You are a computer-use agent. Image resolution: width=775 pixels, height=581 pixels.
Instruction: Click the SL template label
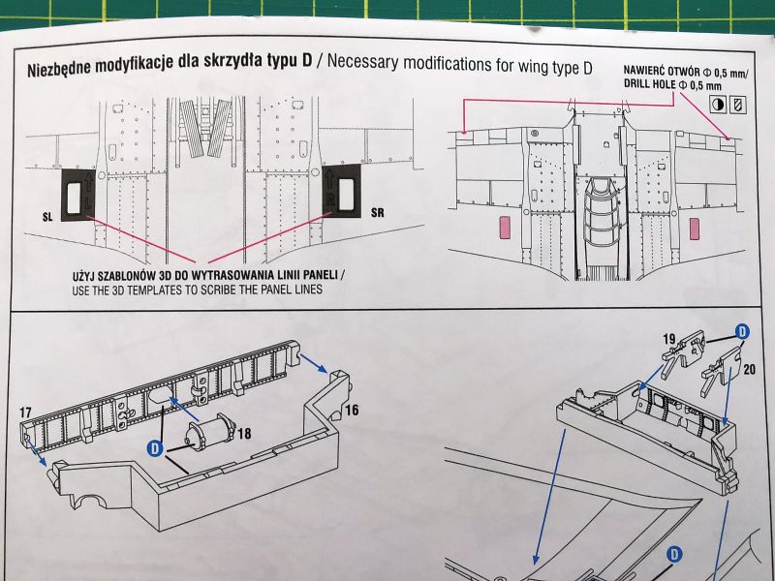46,216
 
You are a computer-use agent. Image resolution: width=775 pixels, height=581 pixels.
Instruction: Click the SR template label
377,213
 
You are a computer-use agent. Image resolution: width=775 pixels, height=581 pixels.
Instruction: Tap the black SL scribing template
78,196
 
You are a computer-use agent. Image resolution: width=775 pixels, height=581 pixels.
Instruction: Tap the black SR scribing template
342,191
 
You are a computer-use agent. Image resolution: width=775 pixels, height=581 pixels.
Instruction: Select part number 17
26,413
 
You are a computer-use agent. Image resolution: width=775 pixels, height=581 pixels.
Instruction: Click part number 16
352,410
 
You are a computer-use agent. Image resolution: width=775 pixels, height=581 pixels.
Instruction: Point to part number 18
244,433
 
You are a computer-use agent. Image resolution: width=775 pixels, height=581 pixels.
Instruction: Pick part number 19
668,339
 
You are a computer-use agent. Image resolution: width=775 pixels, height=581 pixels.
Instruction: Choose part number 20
749,369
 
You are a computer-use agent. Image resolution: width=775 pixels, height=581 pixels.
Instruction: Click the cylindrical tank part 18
211,432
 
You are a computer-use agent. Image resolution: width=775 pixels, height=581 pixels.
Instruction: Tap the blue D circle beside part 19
742,331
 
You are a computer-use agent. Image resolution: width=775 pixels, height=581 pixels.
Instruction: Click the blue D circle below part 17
155,448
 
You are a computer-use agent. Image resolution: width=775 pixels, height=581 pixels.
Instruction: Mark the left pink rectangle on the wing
505,228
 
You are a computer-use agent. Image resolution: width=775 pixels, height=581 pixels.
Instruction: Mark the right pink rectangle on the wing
694,229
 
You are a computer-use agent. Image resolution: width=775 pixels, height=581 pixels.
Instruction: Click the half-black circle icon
718,105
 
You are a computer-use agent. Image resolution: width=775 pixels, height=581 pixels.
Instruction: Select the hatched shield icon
738,105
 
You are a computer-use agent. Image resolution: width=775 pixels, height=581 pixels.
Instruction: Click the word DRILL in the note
635,83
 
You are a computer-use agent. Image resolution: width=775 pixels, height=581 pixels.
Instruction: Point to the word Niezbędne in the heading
59,68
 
